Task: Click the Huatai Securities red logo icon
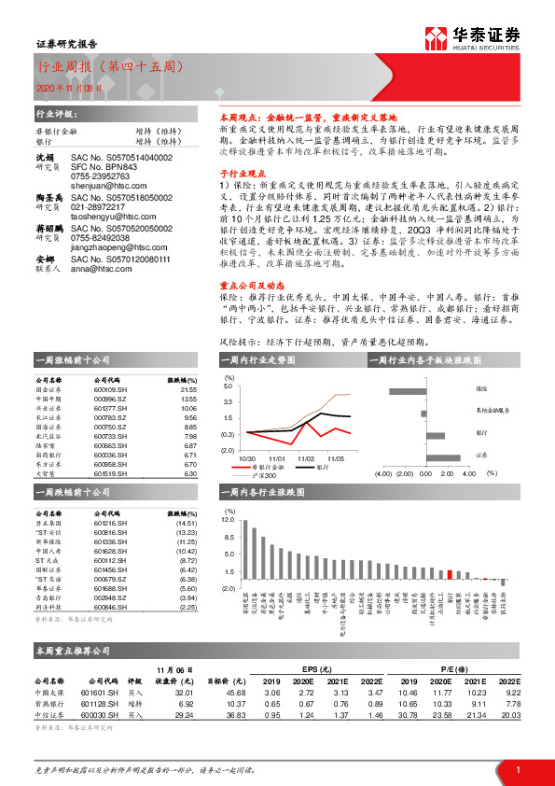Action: pyautogui.click(x=436, y=38)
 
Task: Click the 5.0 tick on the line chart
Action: pyautogui.click(x=229, y=385)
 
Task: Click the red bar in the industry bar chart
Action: pyautogui.click(x=450, y=578)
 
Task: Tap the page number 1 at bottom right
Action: pyautogui.click(x=517, y=767)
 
